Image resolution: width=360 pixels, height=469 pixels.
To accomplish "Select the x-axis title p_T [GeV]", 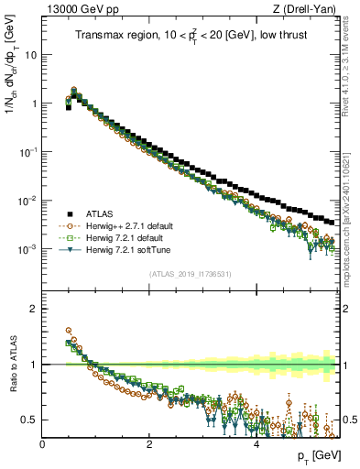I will click(314, 456).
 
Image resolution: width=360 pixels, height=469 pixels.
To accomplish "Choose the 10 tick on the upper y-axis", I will click(31, 54).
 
